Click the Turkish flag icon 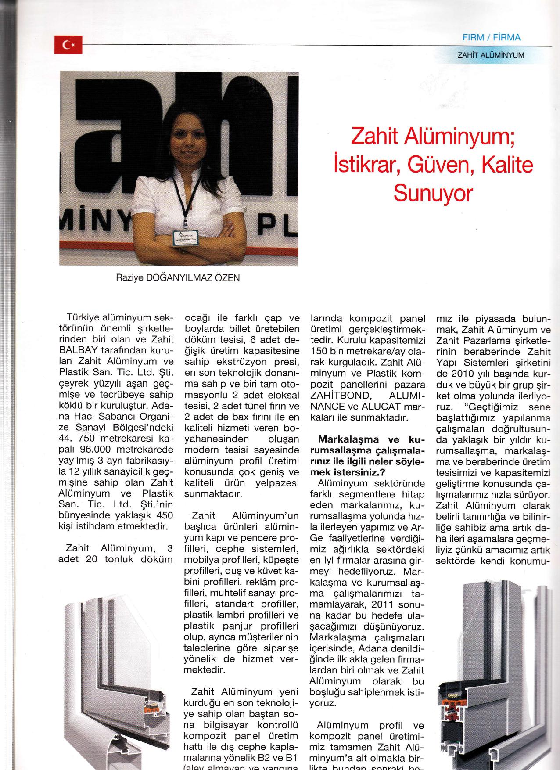68,45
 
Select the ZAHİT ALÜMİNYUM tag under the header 491,56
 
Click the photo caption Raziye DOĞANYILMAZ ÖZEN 178,278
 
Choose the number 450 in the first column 164,515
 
